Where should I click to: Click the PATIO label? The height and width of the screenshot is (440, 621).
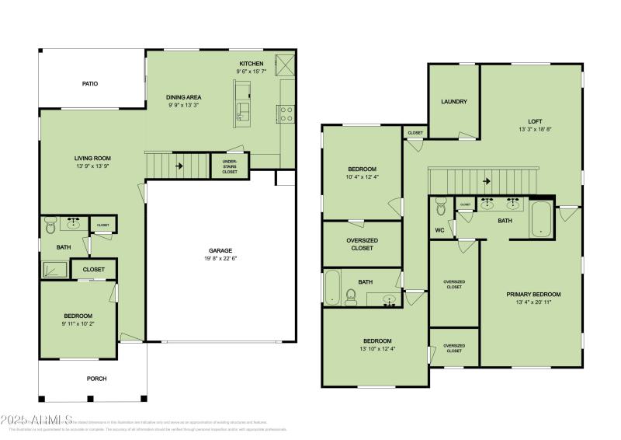[x=90, y=83]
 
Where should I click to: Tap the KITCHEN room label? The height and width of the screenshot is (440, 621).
[x=251, y=63]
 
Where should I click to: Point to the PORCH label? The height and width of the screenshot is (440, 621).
[x=96, y=379]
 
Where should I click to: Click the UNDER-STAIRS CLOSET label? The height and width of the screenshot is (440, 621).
[x=230, y=165]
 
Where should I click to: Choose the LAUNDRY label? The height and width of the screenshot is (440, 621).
[x=453, y=102]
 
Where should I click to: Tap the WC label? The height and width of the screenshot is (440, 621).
[x=439, y=230]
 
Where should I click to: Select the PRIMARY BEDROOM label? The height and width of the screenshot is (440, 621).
[x=533, y=294]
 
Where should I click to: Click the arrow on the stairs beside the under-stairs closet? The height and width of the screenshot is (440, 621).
[x=179, y=165]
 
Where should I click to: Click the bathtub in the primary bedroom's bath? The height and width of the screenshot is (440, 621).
[x=540, y=219]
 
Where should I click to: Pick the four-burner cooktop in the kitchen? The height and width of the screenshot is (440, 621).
[x=286, y=114]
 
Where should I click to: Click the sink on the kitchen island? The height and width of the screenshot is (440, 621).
[x=243, y=110]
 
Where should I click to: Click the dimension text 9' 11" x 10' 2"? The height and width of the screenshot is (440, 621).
[x=78, y=323]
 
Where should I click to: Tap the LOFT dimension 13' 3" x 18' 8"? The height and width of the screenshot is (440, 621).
[x=534, y=130]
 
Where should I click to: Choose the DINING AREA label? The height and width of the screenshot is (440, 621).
[x=184, y=97]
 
